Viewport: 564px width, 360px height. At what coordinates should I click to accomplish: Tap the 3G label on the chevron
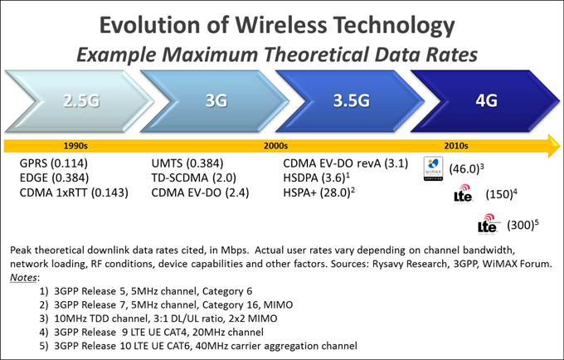pyautogui.click(x=216, y=101)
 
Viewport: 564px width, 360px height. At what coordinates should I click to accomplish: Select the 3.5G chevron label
pyautogui.click(x=351, y=101)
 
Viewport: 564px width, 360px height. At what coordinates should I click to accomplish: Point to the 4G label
pyautogui.click(x=486, y=101)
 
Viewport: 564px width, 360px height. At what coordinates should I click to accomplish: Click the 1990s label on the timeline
pyautogui.click(x=75, y=145)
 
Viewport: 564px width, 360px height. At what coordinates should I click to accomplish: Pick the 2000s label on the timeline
pyautogui.click(x=275, y=145)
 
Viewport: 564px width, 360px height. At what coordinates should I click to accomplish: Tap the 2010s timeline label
pyautogui.click(x=456, y=145)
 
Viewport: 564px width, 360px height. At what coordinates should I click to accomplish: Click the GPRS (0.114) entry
pyautogui.click(x=54, y=163)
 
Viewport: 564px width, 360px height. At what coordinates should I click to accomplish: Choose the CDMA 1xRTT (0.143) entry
pyautogui.click(x=74, y=193)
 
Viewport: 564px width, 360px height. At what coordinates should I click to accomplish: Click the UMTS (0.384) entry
pyautogui.click(x=187, y=163)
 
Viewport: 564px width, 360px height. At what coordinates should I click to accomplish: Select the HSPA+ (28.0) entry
pyautogui.click(x=318, y=193)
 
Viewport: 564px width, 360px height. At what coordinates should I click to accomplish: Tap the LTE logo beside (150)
pyautogui.click(x=464, y=194)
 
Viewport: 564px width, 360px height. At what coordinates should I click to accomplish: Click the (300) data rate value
pyautogui.click(x=519, y=225)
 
